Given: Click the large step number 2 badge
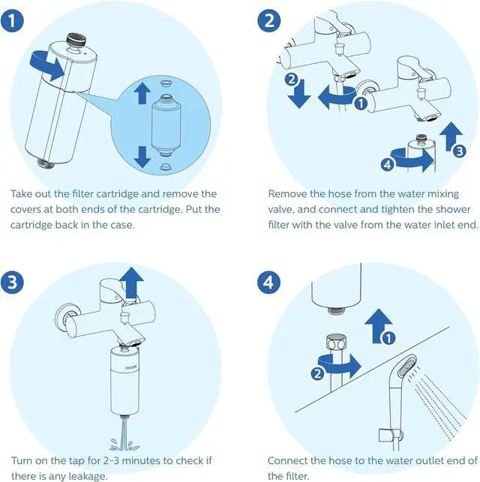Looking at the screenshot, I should [270, 20].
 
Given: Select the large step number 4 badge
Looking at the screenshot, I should [270, 282].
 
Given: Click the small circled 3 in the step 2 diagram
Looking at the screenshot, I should [459, 150].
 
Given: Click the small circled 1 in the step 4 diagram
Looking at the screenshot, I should [387, 339].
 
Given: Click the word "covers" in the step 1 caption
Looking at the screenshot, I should [28, 209].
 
